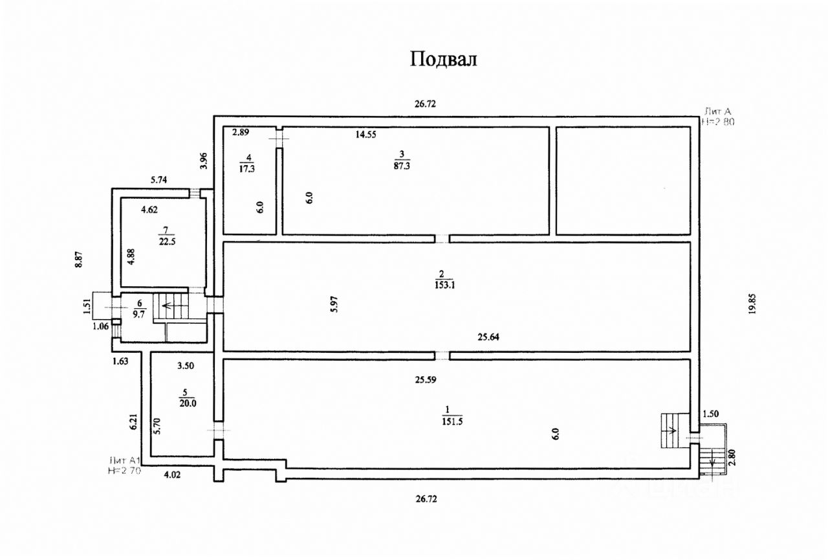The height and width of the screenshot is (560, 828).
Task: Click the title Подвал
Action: tap(443, 59)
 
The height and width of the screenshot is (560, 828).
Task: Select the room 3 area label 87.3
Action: tap(402, 166)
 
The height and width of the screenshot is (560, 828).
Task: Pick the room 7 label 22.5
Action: tap(166, 241)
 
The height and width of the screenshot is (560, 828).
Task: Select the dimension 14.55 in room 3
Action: tap(365, 135)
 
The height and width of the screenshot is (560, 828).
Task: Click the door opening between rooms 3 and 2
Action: tap(442, 238)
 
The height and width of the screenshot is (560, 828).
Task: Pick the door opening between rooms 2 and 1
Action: tap(442, 355)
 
